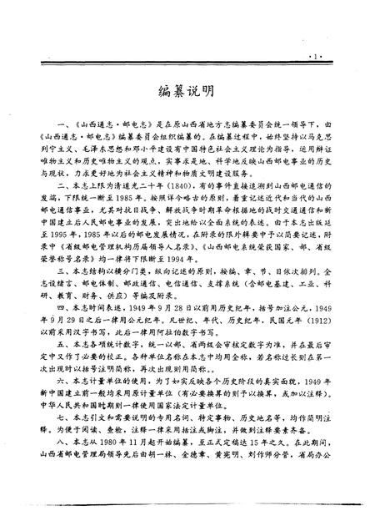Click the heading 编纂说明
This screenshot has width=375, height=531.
pyautogui.click(x=187, y=89)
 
